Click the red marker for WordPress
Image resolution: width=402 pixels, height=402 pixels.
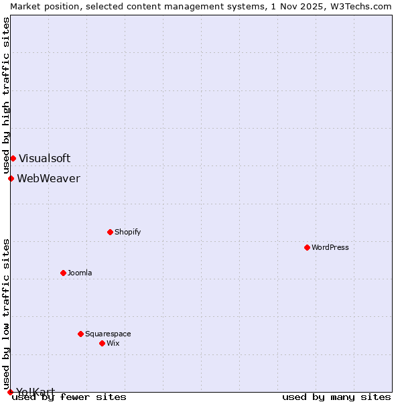point(307,247)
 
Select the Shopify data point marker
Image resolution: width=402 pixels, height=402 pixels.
point(110,232)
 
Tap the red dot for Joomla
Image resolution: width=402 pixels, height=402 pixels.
point(63,273)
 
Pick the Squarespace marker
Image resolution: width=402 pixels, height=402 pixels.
point(80,334)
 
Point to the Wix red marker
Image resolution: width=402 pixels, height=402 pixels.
point(102,343)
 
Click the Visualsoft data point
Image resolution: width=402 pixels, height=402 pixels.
point(13,158)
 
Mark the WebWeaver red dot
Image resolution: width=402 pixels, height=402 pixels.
point(11,178)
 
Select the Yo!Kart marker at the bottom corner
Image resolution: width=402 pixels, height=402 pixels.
point(10,392)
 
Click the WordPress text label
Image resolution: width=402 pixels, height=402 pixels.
point(330,247)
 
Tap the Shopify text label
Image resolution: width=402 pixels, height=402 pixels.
point(127,232)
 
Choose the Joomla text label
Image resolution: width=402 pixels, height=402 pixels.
point(80,273)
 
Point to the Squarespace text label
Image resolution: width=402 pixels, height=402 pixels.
point(108,334)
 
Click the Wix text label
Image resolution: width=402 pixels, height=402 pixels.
point(113,343)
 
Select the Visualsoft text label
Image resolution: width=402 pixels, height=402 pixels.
point(44,158)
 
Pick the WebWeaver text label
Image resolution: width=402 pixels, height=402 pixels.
point(48,178)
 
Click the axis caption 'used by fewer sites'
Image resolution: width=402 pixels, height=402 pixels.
point(69,397)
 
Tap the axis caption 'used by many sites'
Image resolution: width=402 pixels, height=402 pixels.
point(336,397)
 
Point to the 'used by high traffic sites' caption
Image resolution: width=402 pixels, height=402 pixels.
point(6,96)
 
